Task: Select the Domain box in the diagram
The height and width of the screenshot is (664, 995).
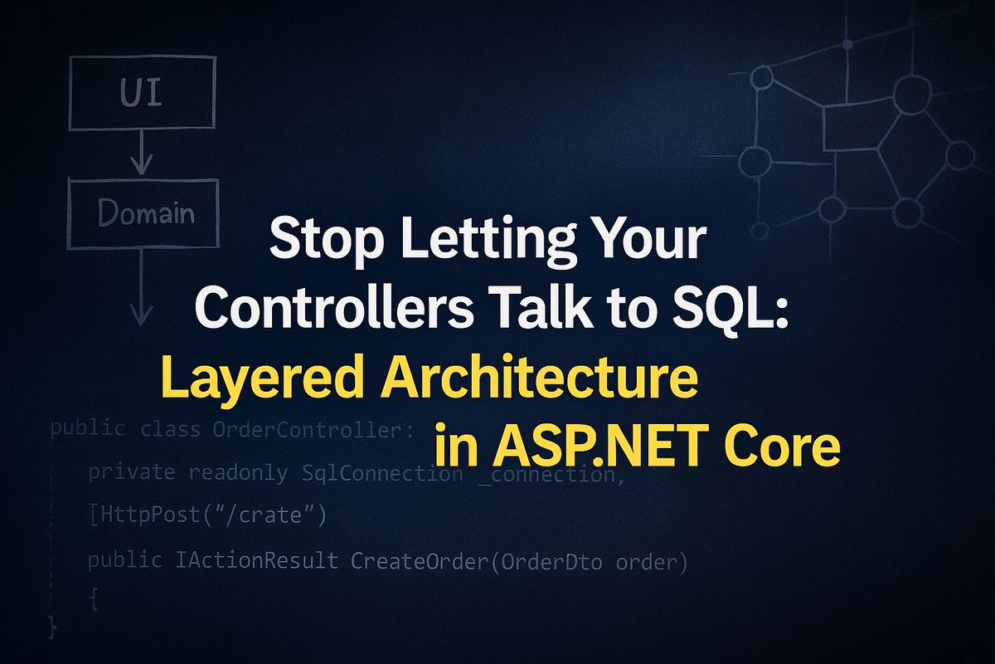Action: click(x=143, y=215)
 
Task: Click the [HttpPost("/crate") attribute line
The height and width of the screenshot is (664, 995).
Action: click(x=207, y=516)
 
